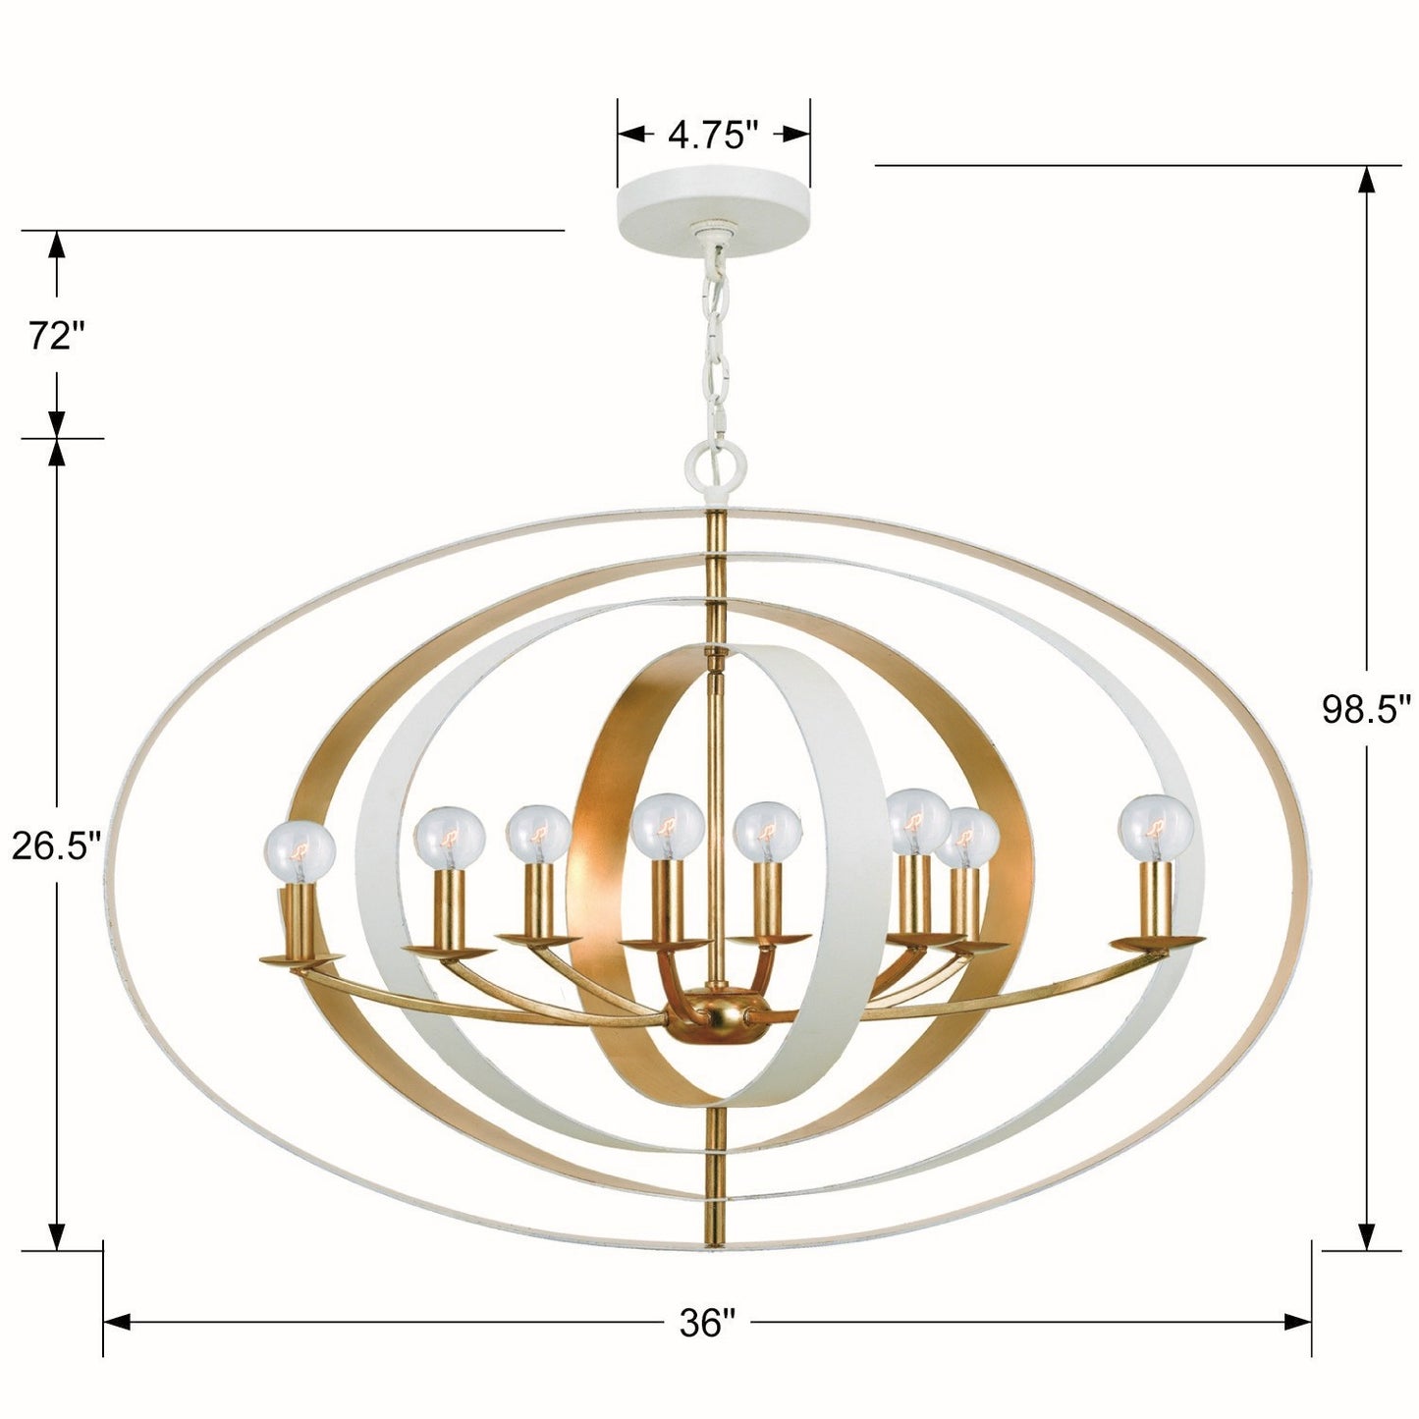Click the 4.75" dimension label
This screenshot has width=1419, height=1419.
point(713,135)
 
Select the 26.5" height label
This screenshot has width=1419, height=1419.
point(55,846)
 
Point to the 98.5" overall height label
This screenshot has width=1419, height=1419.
point(1366,710)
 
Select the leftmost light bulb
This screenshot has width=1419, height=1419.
point(300,852)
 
